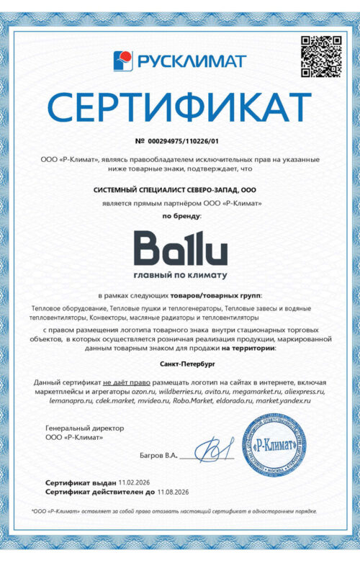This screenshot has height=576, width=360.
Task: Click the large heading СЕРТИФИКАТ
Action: click(179, 107)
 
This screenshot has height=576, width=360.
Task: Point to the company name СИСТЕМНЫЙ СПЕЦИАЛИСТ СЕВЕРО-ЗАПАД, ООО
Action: click(175, 189)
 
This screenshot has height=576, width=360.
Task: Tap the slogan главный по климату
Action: click(180, 275)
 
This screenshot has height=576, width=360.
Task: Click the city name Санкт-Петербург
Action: click(180, 364)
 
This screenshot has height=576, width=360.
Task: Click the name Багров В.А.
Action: click(158, 456)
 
